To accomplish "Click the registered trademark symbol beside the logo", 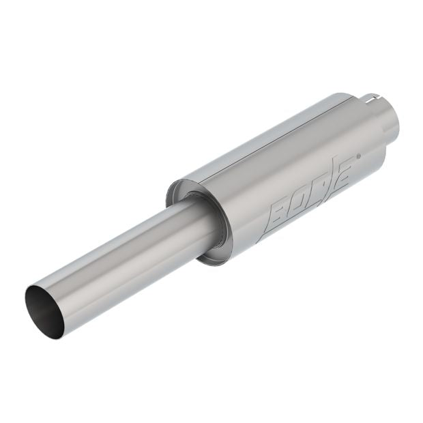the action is (x=358, y=156).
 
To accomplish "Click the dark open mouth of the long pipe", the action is (x=44, y=311).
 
